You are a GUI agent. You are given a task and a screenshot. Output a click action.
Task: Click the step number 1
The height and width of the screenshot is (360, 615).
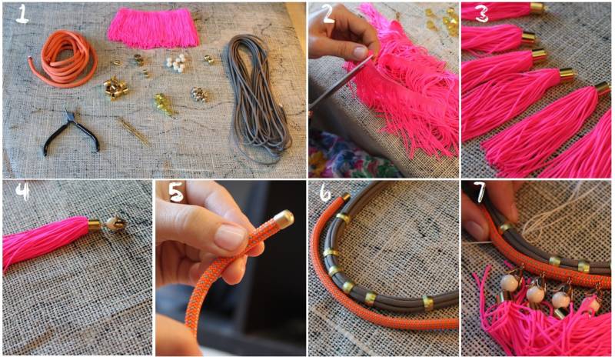[22, 15]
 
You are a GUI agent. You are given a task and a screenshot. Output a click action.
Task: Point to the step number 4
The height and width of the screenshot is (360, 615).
[23, 192]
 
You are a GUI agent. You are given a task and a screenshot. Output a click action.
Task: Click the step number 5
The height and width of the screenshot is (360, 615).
[176, 192]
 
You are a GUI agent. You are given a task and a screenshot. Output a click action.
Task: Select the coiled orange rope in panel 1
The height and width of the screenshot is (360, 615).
[63, 58]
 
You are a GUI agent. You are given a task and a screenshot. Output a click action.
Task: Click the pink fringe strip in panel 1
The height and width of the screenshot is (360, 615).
[153, 28]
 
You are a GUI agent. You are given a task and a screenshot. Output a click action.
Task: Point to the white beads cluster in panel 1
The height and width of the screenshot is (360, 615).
[176, 62]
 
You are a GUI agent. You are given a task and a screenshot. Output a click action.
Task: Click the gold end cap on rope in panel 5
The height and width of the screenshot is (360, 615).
[283, 218]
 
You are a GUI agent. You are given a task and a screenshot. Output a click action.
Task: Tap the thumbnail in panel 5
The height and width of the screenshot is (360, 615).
[231, 238]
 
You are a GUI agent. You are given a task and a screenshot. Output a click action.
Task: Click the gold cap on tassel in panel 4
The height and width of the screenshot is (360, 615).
[95, 224]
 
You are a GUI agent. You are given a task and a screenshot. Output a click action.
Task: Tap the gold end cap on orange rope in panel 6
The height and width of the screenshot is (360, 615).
[345, 197]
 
